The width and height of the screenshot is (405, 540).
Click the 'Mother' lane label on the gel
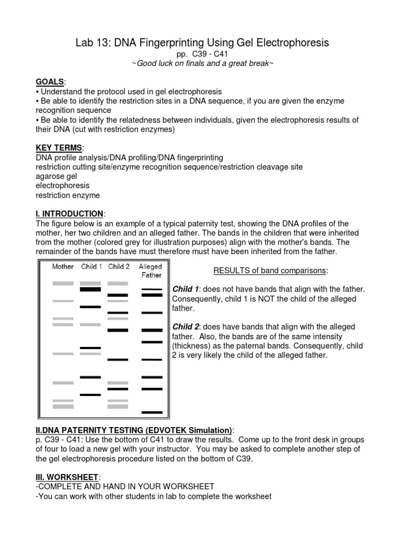[x=63, y=267]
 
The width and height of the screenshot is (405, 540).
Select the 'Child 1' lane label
[x=91, y=267]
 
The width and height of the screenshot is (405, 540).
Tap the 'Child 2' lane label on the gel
[x=119, y=267]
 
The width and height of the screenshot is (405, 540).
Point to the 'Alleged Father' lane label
[x=150, y=271]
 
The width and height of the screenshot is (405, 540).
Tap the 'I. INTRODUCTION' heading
[x=70, y=214]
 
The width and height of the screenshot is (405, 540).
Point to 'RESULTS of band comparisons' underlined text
[x=270, y=271]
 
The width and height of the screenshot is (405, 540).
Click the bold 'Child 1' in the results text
[x=186, y=290]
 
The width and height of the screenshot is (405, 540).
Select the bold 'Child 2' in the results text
[x=186, y=327]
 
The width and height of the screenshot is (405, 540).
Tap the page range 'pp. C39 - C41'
[x=202, y=54]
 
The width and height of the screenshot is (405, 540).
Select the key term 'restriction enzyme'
[x=67, y=195]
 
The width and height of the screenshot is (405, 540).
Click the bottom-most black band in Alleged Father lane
[x=152, y=412]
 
